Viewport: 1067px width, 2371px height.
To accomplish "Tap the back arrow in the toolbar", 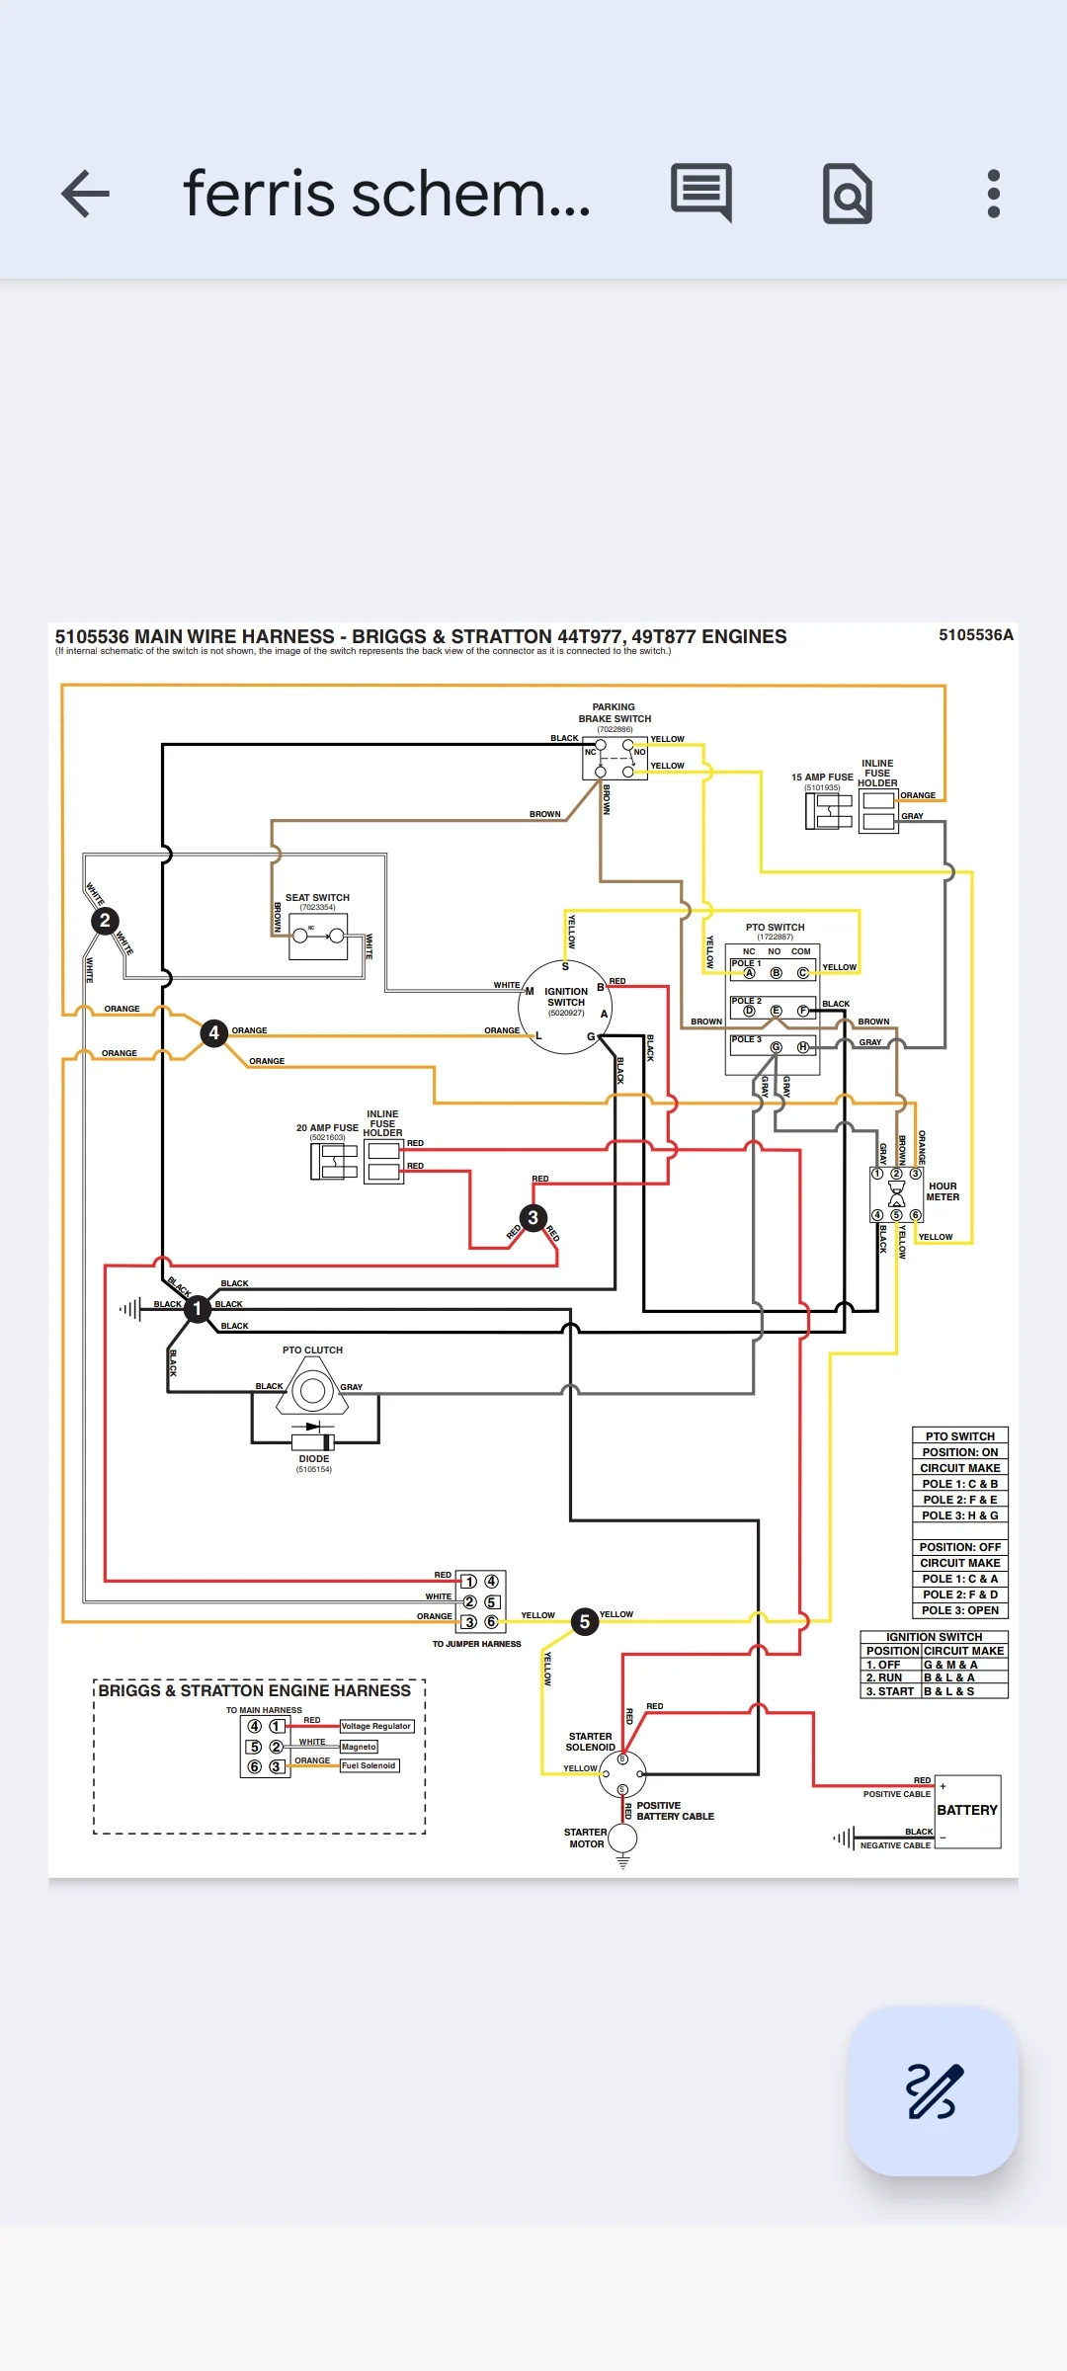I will pyautogui.click(x=86, y=194).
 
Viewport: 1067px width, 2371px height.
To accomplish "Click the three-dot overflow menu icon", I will pyautogui.click(x=993, y=194).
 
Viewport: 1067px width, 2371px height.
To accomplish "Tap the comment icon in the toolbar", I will pyautogui.click(x=701, y=192).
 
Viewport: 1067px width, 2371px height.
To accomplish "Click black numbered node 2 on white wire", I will pyautogui.click(x=105, y=921).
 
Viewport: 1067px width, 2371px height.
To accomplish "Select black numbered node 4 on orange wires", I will pyautogui.click(x=213, y=1032).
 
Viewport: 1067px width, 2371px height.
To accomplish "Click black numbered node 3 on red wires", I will pyautogui.click(x=533, y=1217).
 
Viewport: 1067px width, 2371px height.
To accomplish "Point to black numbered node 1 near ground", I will pyautogui.click(x=198, y=1308).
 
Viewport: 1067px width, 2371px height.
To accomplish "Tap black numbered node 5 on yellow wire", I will pyautogui.click(x=585, y=1621).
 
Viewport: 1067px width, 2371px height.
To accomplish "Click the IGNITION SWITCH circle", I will pyautogui.click(x=565, y=1007).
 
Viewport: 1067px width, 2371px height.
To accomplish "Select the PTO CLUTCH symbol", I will pyautogui.click(x=312, y=1391).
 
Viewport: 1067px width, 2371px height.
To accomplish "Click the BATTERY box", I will pyautogui.click(x=967, y=1811).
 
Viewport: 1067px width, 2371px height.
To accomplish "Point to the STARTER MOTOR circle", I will pyautogui.click(x=622, y=1839).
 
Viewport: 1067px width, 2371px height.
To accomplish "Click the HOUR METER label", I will pyautogui.click(x=943, y=1191).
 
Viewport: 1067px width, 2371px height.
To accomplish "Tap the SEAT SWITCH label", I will pyautogui.click(x=317, y=898).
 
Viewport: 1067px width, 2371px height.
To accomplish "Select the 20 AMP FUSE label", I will pyautogui.click(x=327, y=1127).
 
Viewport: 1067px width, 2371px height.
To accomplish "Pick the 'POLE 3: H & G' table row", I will pyautogui.click(x=959, y=1515).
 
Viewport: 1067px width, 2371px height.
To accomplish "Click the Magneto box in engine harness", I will pyautogui.click(x=359, y=1747).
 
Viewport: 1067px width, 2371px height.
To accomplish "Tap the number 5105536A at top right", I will pyautogui.click(x=975, y=635).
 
